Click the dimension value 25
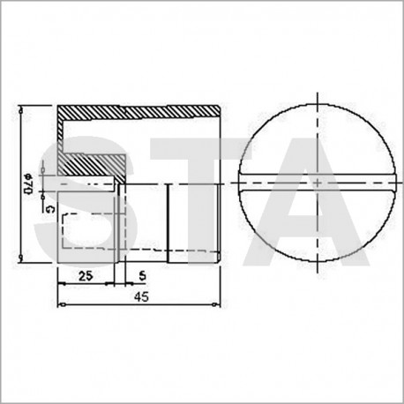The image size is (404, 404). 86,276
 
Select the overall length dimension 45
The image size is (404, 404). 142,297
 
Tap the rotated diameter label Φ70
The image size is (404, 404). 27,183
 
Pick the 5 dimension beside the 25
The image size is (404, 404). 143,276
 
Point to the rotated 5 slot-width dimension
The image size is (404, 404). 50,209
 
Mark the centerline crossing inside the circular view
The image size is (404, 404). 318,183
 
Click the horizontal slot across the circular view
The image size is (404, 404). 318,183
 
